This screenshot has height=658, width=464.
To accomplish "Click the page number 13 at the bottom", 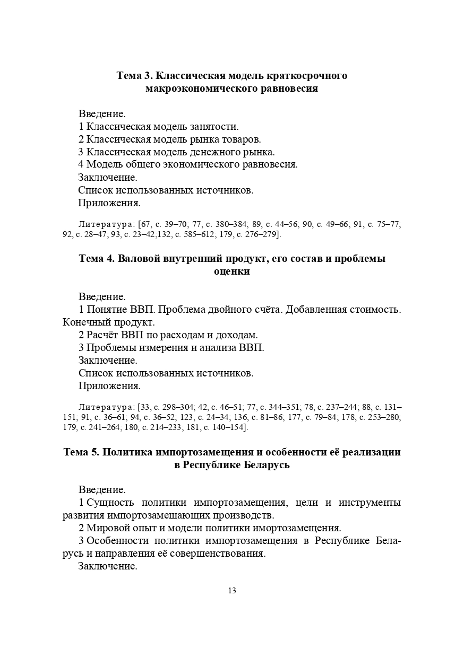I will [232, 591].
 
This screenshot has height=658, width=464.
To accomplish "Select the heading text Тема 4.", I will [97, 259].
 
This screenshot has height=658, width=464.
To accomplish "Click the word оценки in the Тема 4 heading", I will [231, 271].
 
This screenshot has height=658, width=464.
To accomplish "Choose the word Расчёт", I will [102, 335].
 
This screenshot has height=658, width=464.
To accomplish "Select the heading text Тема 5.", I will [80, 452].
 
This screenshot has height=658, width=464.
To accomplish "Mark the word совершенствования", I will [220, 554].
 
